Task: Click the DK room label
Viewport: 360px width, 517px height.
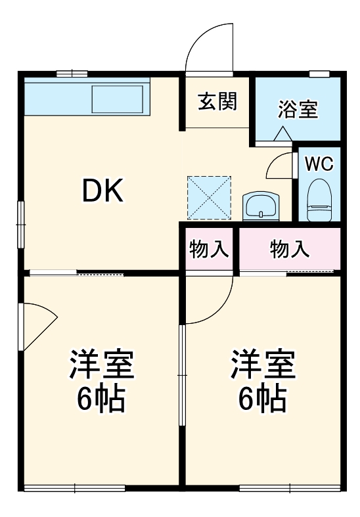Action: pyautogui.click(x=102, y=191)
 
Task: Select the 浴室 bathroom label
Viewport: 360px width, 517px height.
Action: pyautogui.click(x=298, y=109)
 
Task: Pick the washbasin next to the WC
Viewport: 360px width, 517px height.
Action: pyautogui.click(x=261, y=206)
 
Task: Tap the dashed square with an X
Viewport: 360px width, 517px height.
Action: pyautogui.click(x=209, y=196)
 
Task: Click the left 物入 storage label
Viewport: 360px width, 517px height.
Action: pyautogui.click(x=209, y=249)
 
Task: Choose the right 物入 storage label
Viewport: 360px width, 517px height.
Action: pyautogui.click(x=289, y=249)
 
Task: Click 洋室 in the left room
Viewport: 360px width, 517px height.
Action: pyautogui.click(x=102, y=365)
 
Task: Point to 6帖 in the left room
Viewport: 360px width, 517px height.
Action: pyautogui.click(x=102, y=398)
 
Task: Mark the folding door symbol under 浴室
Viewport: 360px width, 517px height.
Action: pyautogui.click(x=282, y=133)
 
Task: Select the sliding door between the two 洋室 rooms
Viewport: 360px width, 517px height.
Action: pyautogui.click(x=182, y=374)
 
